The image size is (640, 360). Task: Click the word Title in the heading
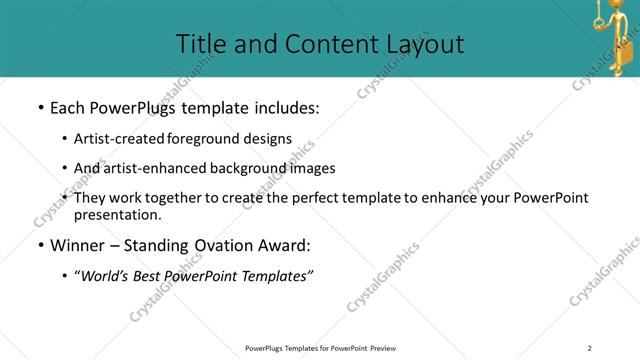coord(200,44)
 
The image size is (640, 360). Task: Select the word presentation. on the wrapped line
coord(117,214)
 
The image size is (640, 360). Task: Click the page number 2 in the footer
coord(590,348)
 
